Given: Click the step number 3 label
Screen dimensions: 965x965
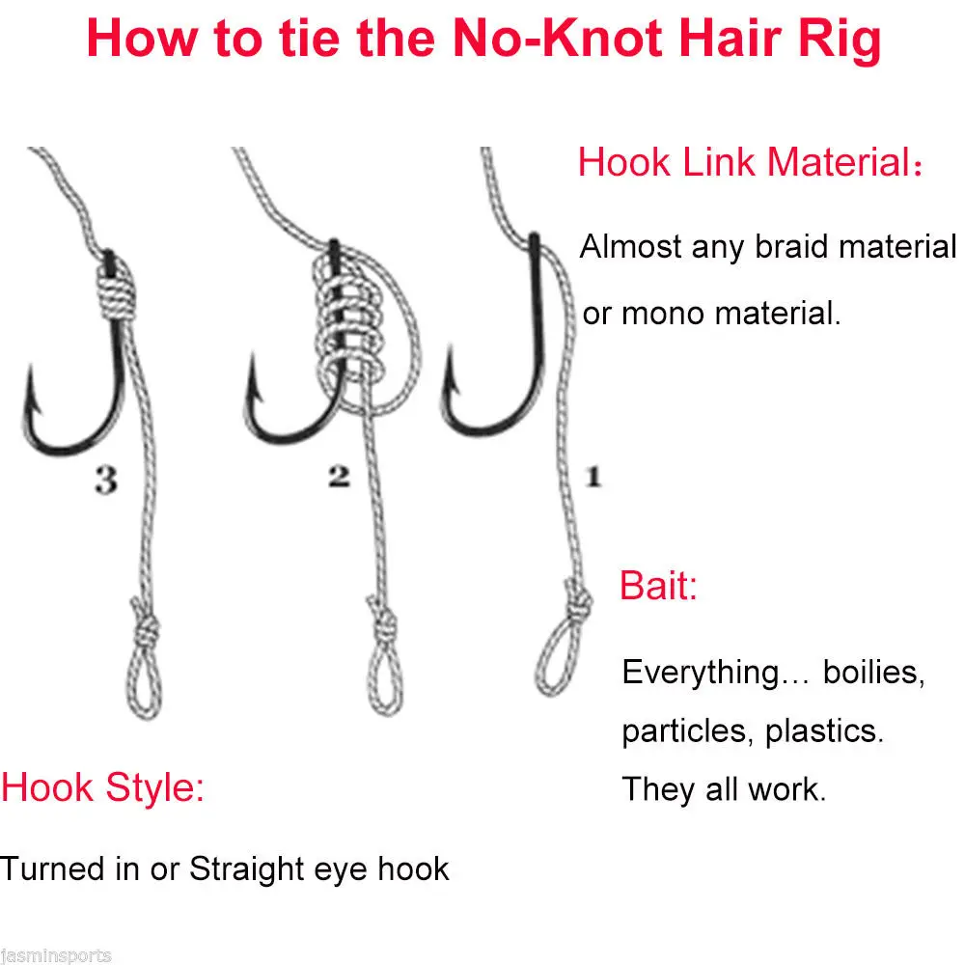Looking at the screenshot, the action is (x=106, y=480).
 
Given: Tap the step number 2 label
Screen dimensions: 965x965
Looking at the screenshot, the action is (x=339, y=477).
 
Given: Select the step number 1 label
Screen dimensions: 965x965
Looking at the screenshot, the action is (x=593, y=476).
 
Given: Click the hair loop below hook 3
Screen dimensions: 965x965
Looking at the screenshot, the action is (x=144, y=684).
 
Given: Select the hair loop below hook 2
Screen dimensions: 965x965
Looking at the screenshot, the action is (x=385, y=680).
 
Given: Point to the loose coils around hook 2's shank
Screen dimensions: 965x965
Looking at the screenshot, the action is (x=349, y=326).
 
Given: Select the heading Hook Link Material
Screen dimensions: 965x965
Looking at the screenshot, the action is (x=750, y=162).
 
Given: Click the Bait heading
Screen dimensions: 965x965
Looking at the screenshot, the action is (x=658, y=586).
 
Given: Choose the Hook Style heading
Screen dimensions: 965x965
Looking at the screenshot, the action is (x=102, y=787).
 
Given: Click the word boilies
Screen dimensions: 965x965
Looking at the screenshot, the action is (x=874, y=672).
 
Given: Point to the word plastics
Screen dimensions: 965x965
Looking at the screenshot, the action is (x=824, y=731).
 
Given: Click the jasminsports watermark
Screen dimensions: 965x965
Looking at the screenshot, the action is (x=55, y=955).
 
